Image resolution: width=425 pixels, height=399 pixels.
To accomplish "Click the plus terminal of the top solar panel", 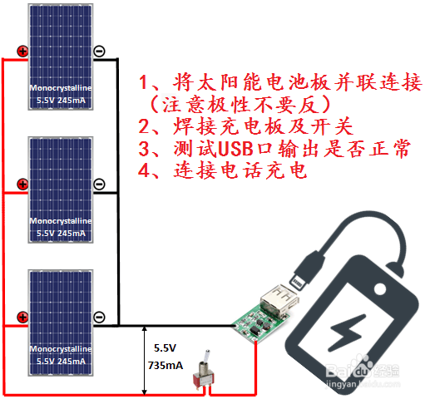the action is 22,52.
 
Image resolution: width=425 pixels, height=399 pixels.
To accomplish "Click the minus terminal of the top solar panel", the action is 99,51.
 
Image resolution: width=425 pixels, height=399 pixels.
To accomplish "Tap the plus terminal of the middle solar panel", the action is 22,185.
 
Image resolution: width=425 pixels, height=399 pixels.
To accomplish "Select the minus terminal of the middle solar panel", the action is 99,184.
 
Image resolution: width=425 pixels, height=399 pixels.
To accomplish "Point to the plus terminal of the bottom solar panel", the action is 22,318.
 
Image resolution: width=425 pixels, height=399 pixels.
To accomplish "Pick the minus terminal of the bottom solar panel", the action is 99,317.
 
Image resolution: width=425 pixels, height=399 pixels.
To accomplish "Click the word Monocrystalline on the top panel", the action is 61,88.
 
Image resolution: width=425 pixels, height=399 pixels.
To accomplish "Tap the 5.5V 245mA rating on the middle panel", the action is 61,234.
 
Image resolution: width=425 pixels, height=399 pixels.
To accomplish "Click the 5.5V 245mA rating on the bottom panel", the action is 61,361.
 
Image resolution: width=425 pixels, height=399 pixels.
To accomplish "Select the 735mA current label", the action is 166,366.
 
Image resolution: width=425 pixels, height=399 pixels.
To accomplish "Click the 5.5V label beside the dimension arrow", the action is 165,348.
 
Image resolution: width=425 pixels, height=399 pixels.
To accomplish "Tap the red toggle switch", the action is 204,372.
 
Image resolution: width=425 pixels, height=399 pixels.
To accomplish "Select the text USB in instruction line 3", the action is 235,149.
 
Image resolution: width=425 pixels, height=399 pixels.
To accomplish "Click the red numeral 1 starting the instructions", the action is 144,82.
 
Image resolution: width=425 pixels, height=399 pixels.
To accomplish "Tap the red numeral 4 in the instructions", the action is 144,170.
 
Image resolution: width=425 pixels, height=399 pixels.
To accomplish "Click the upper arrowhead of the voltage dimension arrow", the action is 144,329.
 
